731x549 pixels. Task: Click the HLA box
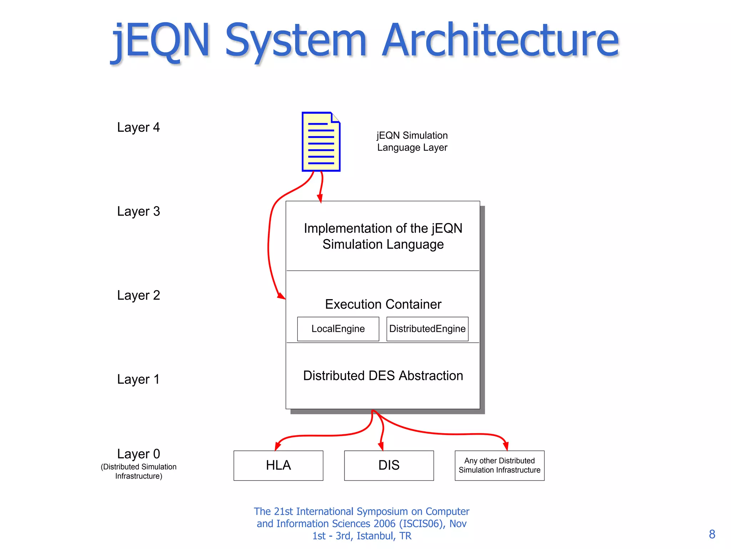[278, 465]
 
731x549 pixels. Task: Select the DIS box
[389, 465]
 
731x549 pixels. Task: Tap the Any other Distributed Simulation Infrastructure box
[499, 465]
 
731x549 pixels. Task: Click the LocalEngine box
[338, 329]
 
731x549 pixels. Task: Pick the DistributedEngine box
[427, 329]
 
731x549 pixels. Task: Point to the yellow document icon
[321, 142]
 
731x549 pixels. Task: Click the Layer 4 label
[138, 128]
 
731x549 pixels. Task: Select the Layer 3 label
[138, 212]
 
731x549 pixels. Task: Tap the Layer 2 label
[138, 296]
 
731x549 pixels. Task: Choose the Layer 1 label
[138, 380]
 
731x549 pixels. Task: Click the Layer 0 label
[138, 454]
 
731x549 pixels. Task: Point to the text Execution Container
[383, 304]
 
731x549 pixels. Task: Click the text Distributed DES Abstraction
[383, 376]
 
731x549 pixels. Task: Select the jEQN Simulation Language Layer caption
[412, 142]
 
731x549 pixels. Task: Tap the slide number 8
[712, 534]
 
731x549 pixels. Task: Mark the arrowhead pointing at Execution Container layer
[282, 296]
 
